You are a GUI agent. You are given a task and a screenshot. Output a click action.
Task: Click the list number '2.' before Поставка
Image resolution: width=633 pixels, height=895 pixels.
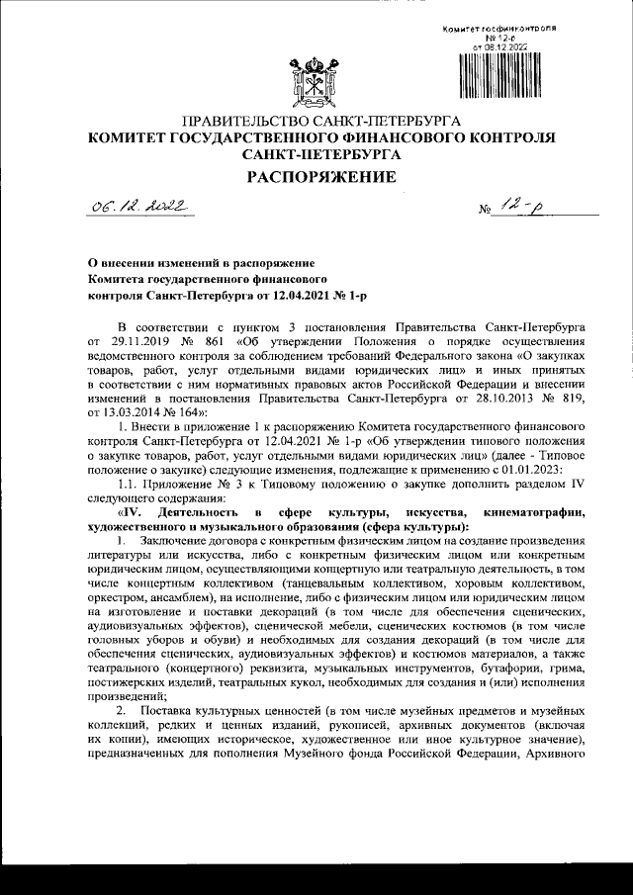[x=122, y=712]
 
